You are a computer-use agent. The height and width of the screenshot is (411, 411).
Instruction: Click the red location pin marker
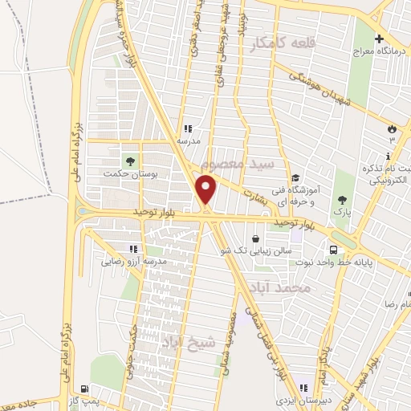206,190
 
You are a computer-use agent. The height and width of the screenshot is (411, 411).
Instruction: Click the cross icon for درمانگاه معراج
379,39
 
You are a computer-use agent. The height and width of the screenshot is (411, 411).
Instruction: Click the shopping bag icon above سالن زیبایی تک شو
255,238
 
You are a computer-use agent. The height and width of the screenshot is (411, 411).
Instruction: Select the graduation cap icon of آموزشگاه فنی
296,178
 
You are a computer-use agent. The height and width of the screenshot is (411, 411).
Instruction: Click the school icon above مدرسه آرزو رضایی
133,249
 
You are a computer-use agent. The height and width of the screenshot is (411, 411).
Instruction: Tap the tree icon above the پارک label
344,199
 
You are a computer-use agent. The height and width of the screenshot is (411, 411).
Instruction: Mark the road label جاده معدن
26,401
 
